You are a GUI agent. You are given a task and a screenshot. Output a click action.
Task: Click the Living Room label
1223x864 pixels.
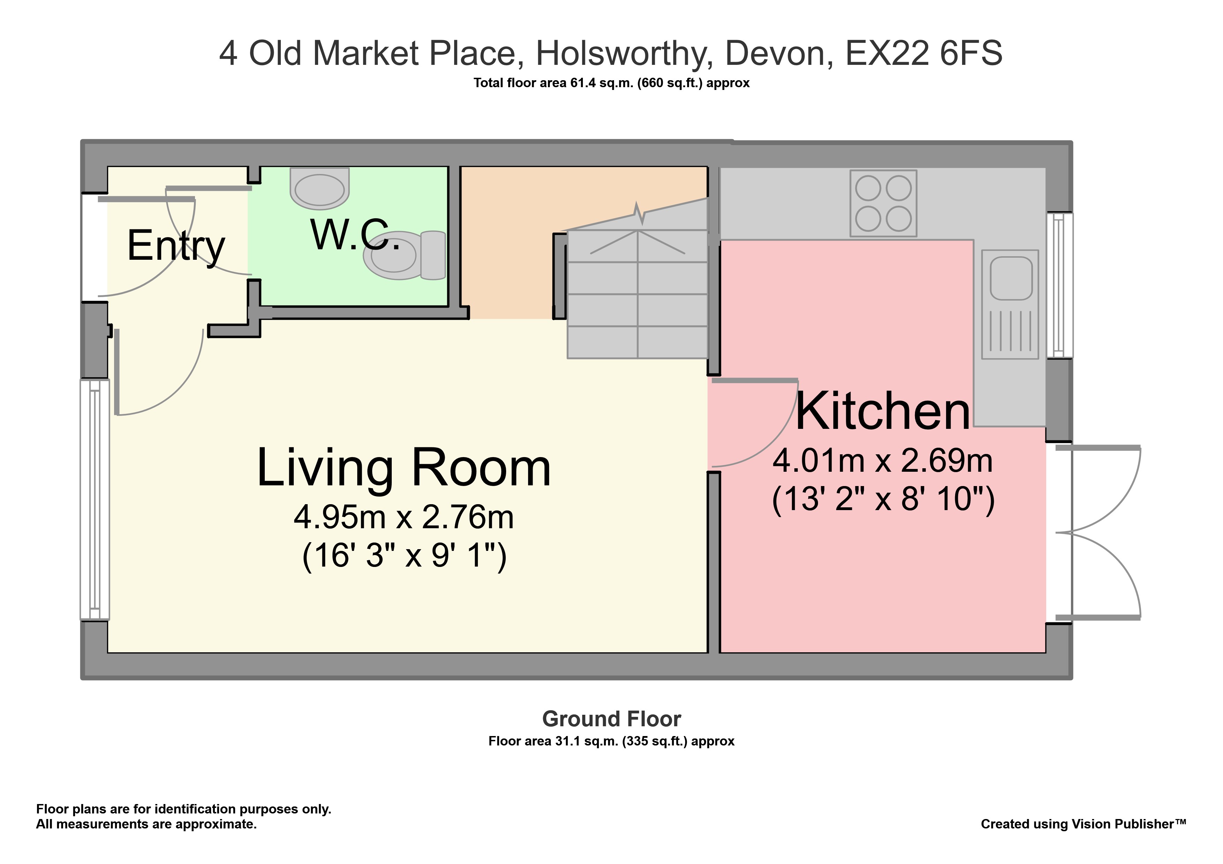click(404, 468)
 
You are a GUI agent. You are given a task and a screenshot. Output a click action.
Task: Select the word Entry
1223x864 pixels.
click(176, 247)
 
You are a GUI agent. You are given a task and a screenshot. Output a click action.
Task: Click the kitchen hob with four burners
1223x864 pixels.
click(883, 203)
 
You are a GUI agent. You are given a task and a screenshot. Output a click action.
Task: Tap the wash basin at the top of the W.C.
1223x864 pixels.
click(320, 188)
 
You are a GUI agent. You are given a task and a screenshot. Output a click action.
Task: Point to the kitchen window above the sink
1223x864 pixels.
click(1059, 285)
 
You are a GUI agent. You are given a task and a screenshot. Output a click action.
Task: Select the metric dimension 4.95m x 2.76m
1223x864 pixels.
click(404, 517)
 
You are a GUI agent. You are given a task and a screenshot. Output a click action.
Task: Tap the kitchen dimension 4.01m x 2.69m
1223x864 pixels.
click(883, 461)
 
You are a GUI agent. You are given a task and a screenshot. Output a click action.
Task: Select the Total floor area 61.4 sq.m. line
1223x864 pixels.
click(611, 83)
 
